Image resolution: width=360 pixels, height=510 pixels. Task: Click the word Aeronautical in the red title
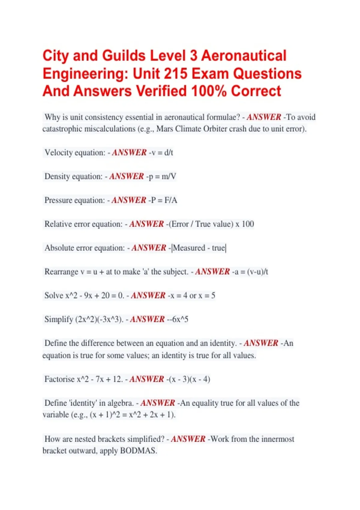(x=244, y=56)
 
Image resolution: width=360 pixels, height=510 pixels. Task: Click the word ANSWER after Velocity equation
(x=129, y=153)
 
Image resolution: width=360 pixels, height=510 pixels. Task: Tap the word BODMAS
(x=138, y=451)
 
